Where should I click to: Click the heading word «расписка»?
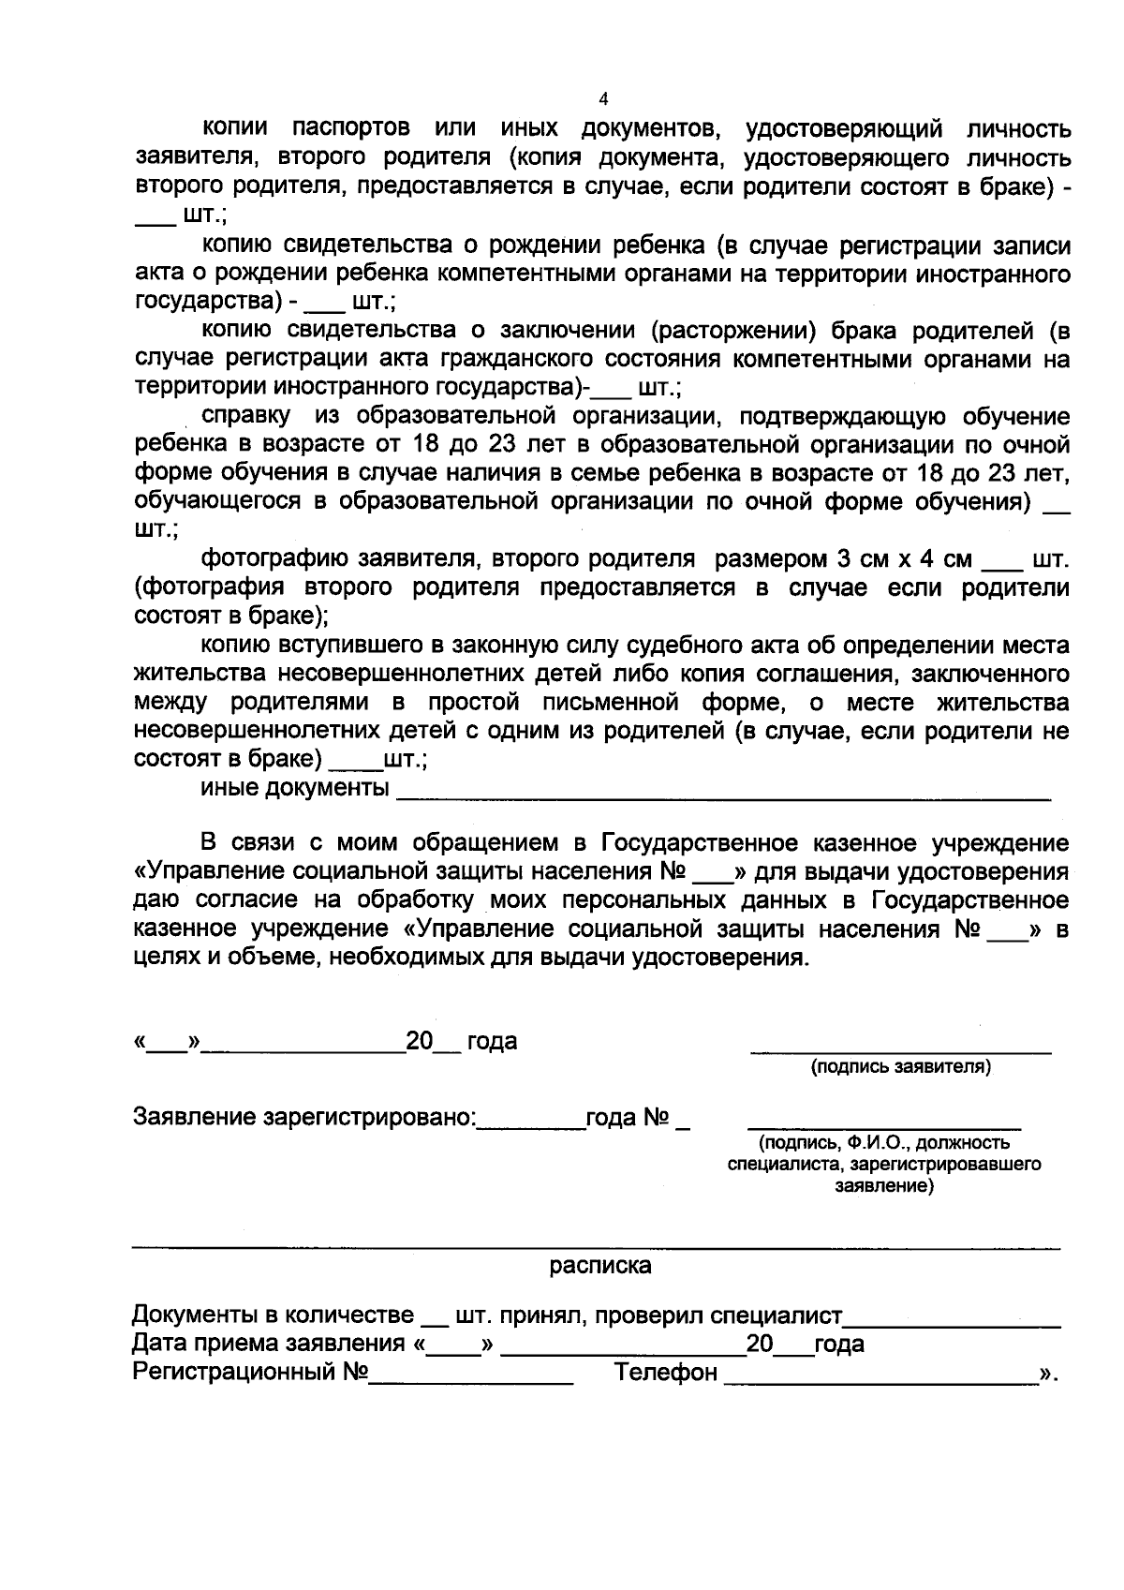599,1266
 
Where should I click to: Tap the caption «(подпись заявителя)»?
900,1066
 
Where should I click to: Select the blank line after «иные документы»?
723,798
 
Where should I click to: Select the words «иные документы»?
295,788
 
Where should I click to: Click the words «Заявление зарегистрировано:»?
305,1117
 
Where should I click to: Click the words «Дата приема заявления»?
269,1344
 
